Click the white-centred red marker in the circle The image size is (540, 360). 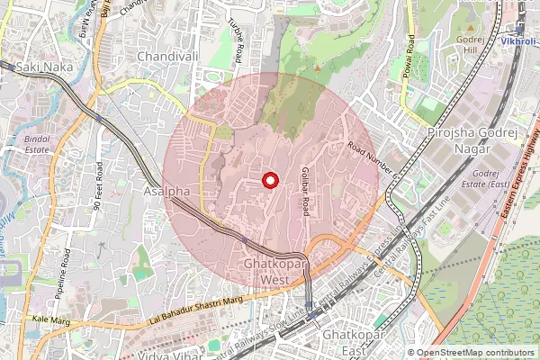[268, 181]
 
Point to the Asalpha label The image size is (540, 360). [166, 192]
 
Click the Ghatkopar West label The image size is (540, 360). [276, 273]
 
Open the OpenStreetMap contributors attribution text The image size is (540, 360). [475, 353]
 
